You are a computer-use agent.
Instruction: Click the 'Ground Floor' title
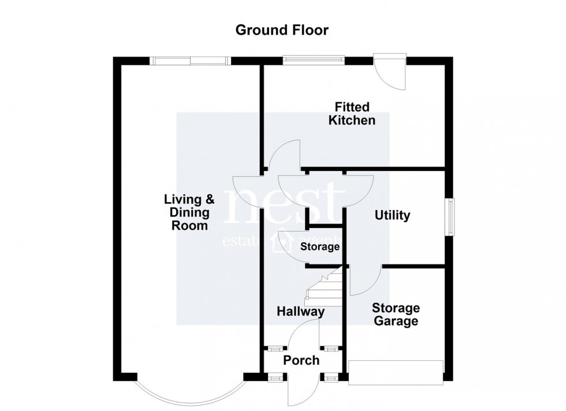(282, 30)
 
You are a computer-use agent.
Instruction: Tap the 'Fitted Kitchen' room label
(352, 114)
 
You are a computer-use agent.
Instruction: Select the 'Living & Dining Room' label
(189, 212)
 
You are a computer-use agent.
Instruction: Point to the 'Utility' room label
(392, 215)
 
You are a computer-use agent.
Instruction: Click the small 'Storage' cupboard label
(320, 247)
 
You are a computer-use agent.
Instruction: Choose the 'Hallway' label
(300, 312)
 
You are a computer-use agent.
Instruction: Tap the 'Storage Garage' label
(395, 315)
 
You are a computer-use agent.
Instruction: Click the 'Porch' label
(301, 360)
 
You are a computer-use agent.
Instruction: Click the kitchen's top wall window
(314, 58)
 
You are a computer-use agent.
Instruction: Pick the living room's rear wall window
(189, 60)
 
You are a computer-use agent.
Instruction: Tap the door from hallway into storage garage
(364, 281)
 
